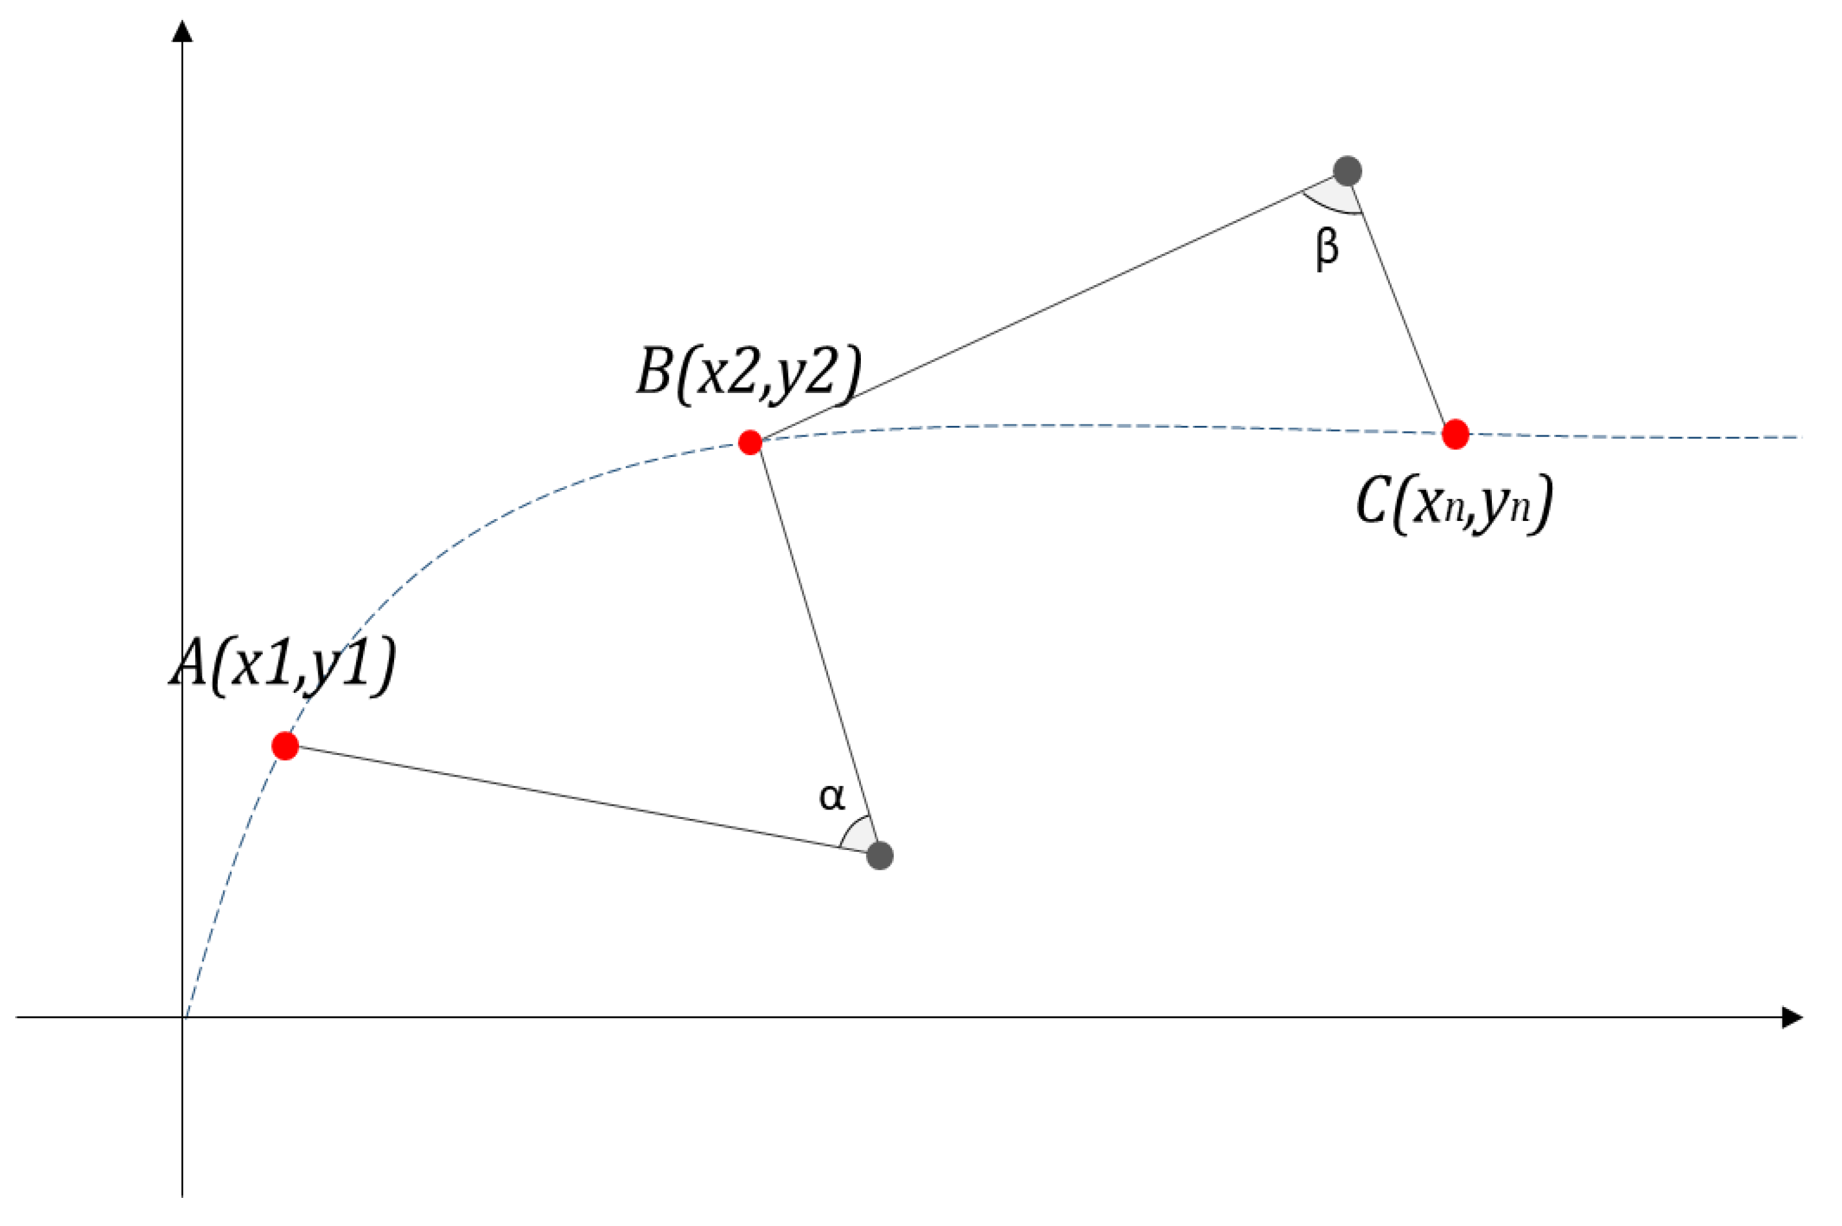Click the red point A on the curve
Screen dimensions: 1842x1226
285,746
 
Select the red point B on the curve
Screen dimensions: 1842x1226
749,442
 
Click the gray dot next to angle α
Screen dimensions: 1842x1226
880,855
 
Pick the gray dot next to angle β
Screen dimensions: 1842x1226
1347,171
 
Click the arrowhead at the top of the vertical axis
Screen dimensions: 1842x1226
182,31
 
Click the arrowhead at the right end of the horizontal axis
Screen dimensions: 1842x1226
1791,1017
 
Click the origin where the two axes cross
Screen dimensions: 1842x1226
183,1017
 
